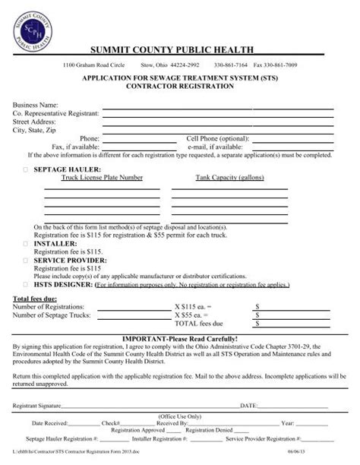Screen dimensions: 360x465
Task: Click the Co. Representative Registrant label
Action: click(56, 113)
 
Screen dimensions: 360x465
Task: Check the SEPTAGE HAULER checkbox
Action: click(26, 163)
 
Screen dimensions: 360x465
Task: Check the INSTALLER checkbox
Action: click(26, 243)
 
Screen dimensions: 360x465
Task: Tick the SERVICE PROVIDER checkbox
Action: click(26, 259)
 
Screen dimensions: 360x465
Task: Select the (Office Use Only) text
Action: click(179, 416)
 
